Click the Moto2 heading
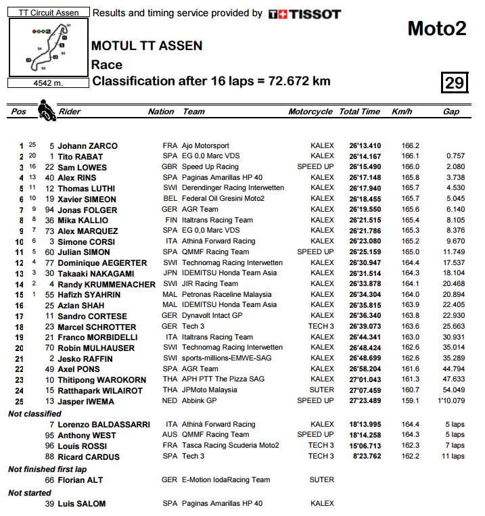(437, 28)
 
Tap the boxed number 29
(454, 83)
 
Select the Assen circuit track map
(48, 47)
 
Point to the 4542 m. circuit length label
(48, 83)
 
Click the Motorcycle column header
(310, 112)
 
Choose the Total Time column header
(359, 112)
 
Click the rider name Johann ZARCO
(87, 145)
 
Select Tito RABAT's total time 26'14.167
(365, 156)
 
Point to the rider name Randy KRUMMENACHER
(107, 284)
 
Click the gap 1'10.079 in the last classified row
(449, 401)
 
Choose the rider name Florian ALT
(80, 479)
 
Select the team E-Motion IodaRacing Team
(226, 479)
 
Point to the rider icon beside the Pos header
(46, 109)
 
